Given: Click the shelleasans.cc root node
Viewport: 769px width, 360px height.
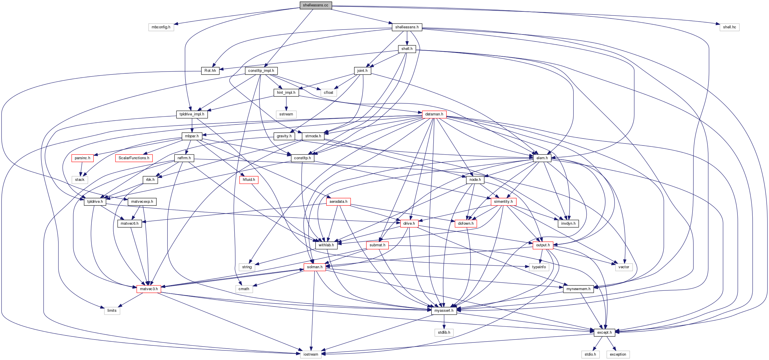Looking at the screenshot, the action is tap(316, 5).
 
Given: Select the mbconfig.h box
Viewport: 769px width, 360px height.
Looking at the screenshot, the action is tap(161, 27).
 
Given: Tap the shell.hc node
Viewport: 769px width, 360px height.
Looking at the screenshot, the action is tap(729, 27).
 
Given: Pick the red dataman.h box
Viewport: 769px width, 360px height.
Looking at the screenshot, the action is tap(434, 114).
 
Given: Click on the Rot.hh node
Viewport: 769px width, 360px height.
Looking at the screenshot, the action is tap(210, 71).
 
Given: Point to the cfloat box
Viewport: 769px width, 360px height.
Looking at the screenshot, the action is tap(328, 93).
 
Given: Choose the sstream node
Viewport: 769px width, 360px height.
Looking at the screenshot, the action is tap(286, 114).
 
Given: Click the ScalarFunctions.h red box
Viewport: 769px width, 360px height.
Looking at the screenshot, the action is tap(134, 158).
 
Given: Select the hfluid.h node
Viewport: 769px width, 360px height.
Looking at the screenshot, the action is tap(249, 180).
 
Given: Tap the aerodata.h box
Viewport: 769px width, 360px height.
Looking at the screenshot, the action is tap(338, 202).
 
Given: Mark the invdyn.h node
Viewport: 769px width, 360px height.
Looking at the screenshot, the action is tap(568, 224).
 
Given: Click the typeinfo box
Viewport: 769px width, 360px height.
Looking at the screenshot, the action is tap(539, 267).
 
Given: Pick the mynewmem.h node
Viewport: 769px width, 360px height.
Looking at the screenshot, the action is tap(578, 289).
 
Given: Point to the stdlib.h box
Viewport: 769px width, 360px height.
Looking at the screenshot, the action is tap(444, 333).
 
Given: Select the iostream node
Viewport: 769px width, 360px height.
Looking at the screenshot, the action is tap(311, 354).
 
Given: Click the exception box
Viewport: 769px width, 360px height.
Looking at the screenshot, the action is tap(618, 354).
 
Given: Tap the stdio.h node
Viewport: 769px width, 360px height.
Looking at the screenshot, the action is tap(590, 354).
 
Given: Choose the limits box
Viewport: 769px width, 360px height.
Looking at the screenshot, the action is tap(112, 311).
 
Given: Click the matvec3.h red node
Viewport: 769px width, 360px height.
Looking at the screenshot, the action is tap(149, 289).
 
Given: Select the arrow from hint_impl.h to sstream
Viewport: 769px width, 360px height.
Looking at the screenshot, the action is tap(286, 103).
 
